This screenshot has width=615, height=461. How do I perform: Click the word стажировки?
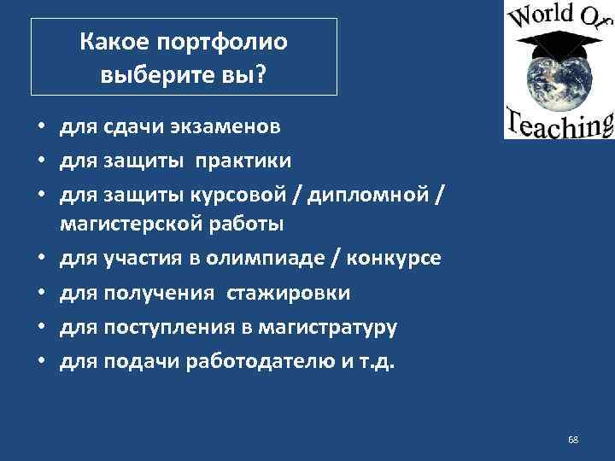coord(288,293)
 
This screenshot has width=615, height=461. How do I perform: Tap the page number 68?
coord(573,440)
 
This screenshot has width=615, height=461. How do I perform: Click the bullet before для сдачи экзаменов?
coord(40,129)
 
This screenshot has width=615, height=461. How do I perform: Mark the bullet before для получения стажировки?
coord(40,294)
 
